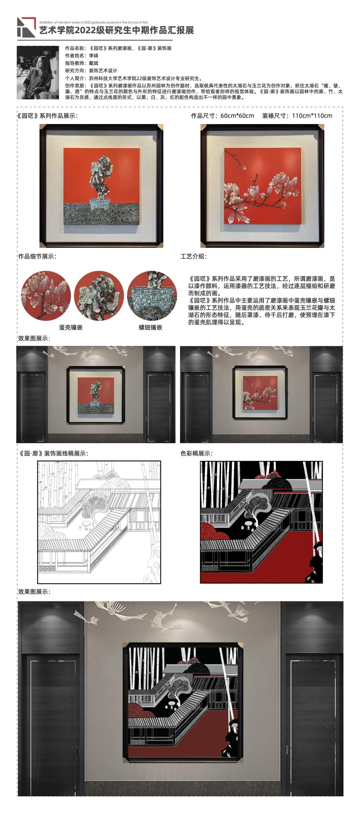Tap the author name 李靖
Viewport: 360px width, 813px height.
tap(94, 56)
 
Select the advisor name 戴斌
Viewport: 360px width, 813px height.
tap(94, 63)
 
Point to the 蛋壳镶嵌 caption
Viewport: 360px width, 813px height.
tap(71, 327)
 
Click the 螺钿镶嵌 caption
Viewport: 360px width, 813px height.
tap(150, 327)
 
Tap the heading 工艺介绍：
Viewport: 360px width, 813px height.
tap(194, 256)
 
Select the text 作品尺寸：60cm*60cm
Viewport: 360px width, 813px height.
tap(223, 116)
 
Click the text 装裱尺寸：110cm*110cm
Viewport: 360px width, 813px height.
tap(297, 116)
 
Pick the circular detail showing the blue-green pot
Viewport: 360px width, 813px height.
tap(152, 296)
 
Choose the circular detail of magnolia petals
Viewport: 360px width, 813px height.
tap(46, 296)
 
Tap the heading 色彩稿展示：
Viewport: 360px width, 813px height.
tap(197, 454)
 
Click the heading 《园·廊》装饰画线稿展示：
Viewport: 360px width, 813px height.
tap(53, 454)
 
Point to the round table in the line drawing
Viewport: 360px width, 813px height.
tap(85, 525)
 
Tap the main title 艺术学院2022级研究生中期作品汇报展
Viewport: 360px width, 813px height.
tap(116, 30)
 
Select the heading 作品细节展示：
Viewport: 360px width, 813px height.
tap(37, 256)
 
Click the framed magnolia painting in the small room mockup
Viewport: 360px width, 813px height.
tap(261, 393)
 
